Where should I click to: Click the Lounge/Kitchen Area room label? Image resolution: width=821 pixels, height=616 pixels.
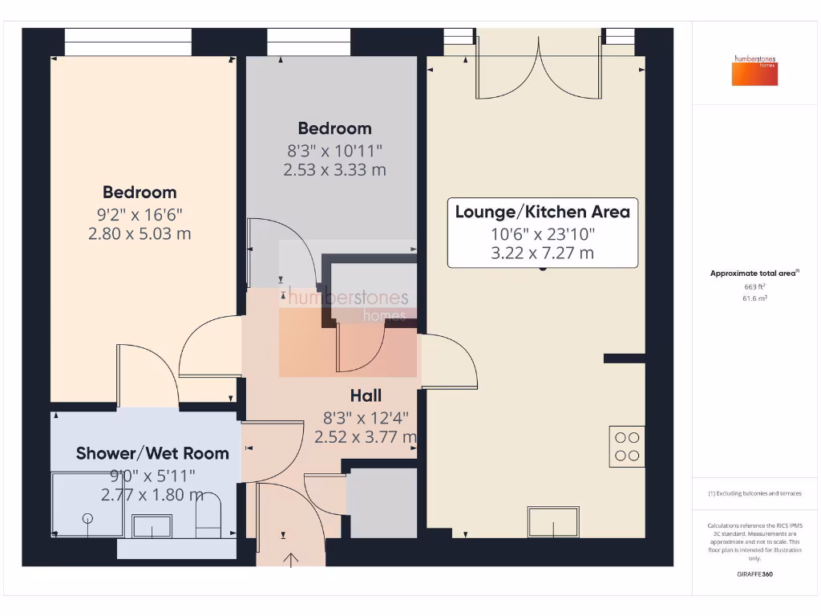[542, 212]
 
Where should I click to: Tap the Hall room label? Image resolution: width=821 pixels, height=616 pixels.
[366, 395]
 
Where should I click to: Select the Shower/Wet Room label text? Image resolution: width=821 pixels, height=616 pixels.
[152, 453]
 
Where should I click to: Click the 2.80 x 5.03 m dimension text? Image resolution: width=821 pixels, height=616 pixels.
[140, 233]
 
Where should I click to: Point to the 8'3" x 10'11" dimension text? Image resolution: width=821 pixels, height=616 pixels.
[334, 149]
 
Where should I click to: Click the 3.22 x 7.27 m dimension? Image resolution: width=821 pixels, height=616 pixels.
[542, 253]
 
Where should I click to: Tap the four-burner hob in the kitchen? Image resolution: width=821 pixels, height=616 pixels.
[627, 446]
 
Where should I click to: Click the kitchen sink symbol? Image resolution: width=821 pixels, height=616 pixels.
[553, 522]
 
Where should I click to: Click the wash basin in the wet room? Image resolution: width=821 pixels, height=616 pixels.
[151, 527]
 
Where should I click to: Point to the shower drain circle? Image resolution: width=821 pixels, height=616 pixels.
[87, 518]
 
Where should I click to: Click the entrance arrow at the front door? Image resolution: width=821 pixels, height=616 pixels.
[290, 558]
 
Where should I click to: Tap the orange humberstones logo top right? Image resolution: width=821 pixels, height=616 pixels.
[754, 70]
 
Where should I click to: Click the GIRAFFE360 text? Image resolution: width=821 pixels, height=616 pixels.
[754, 574]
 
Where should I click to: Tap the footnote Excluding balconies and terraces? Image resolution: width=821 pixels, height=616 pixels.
[754, 493]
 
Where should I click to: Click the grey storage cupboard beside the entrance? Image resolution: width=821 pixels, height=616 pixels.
[382, 503]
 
